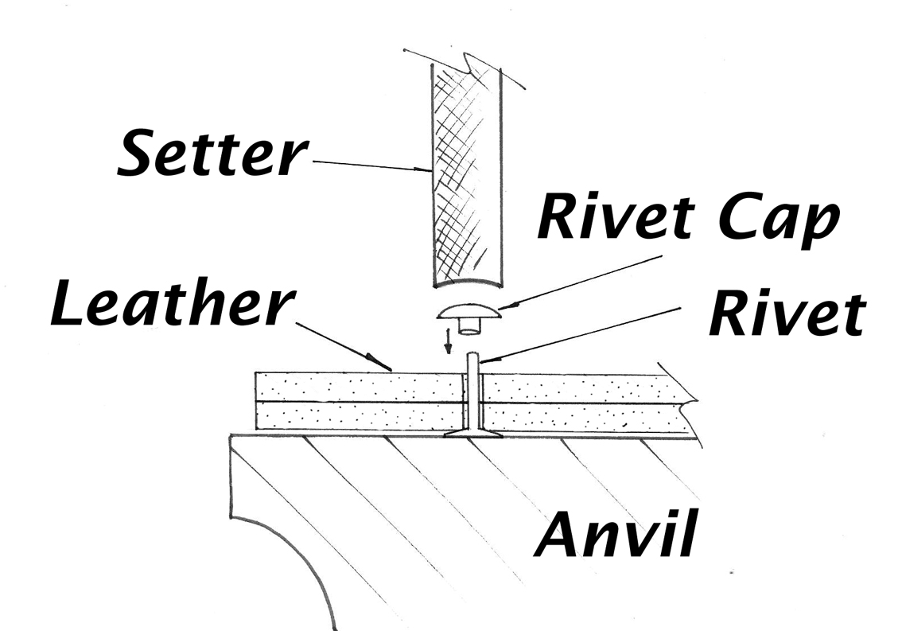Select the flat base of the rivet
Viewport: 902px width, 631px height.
coord(472,435)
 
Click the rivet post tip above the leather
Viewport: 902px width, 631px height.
coord(472,360)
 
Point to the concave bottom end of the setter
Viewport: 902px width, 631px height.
coord(468,285)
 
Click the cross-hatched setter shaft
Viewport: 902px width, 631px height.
coord(468,175)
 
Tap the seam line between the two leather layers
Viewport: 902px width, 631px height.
coord(358,403)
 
